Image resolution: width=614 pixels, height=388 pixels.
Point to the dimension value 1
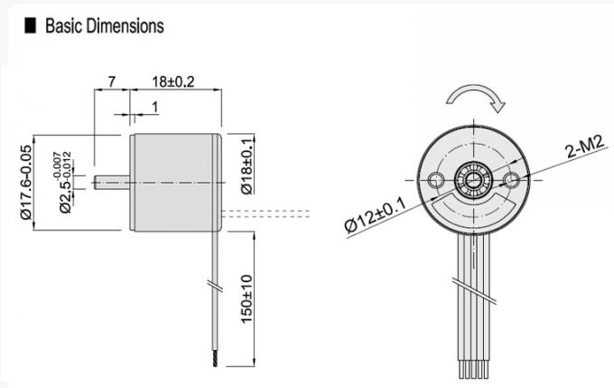click(154, 108)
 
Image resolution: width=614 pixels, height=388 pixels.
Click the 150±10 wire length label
click(247, 298)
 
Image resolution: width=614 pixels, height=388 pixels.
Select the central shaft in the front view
click(475, 179)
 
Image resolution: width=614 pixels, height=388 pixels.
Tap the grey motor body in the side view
click(175, 180)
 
